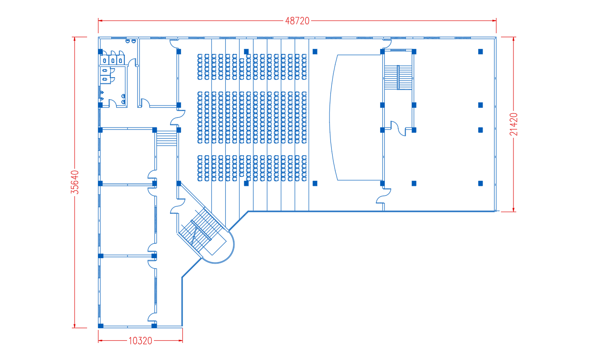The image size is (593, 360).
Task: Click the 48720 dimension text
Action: (297, 21)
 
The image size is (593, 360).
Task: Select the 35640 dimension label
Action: (75, 182)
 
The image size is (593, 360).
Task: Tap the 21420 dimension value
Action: (514, 124)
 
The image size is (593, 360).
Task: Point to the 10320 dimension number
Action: (141, 341)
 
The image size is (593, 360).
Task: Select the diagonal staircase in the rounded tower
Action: (201, 232)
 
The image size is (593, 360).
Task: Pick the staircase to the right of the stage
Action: (398, 77)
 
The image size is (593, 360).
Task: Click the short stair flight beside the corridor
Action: (167, 138)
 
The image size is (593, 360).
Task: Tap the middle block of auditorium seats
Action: (252, 118)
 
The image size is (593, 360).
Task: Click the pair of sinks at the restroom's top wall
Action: (131, 41)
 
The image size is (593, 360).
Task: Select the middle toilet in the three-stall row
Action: (113, 61)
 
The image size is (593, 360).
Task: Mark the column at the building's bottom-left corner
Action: (101, 326)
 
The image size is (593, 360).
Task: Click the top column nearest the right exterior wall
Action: (480, 52)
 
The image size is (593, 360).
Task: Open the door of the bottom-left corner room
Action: (152, 317)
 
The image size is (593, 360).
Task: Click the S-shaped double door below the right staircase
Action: (398, 128)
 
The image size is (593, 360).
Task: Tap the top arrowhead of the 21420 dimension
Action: (514, 39)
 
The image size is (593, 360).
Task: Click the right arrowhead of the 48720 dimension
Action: (494, 21)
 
